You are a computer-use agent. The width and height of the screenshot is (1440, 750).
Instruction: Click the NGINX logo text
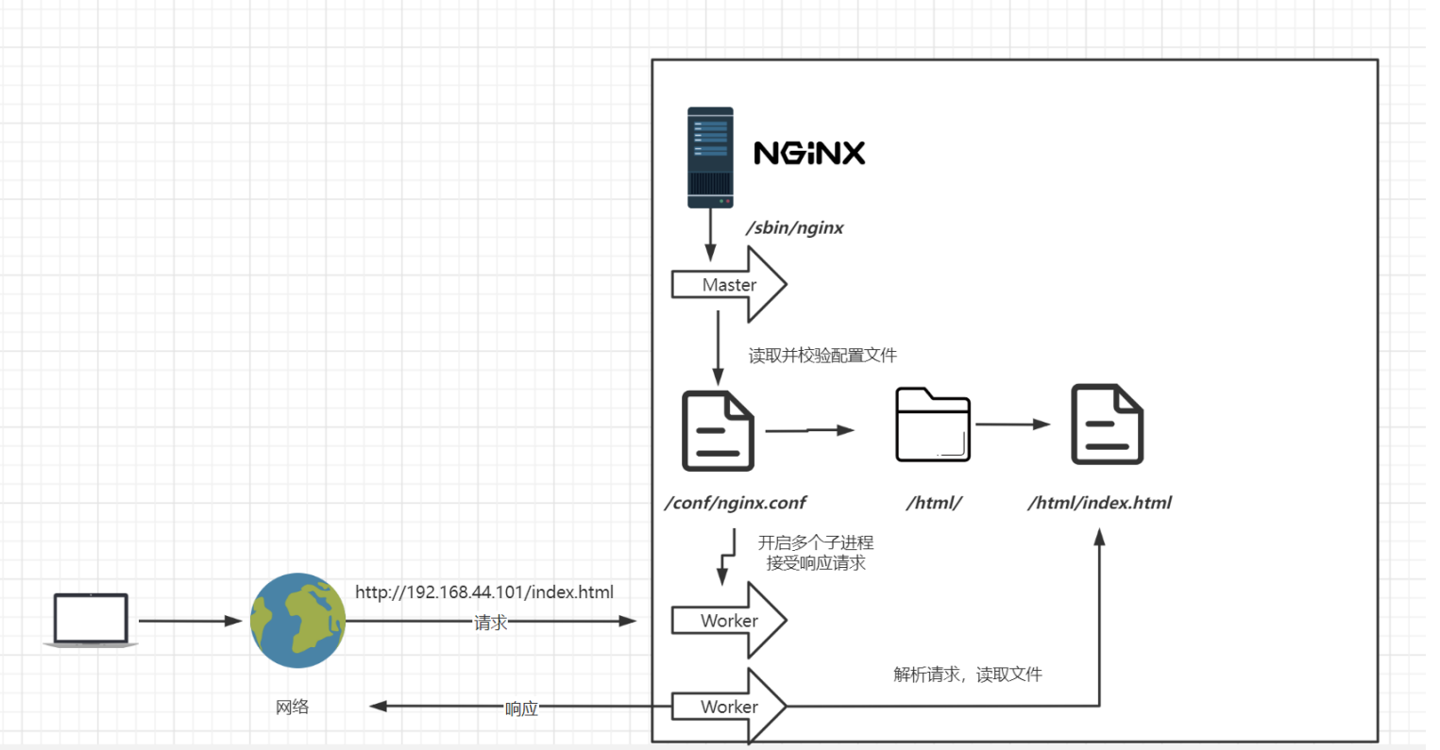tap(809, 153)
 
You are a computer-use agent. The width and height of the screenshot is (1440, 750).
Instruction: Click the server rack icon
tap(710, 158)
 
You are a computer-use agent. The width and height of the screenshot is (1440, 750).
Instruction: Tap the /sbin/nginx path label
tap(795, 227)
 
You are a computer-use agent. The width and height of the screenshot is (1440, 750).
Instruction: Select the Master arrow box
tap(729, 284)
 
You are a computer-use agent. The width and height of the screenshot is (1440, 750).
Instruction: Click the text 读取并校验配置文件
tap(822, 356)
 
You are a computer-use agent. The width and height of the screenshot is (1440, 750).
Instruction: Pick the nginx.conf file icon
tap(718, 430)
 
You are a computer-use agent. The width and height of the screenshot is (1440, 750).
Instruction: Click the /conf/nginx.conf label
tap(736, 503)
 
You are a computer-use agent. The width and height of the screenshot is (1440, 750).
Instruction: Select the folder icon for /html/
tap(933, 425)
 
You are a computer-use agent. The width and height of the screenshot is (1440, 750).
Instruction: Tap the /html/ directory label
tap(934, 503)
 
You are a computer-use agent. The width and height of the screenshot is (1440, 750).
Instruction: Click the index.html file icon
tap(1107, 425)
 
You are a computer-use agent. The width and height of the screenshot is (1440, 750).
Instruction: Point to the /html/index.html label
tap(1100, 503)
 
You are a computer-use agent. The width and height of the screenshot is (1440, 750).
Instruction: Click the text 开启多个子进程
tap(816, 542)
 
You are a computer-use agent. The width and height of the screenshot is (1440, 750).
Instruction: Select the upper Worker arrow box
tap(729, 620)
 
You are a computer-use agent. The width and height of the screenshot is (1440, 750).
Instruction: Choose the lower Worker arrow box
tap(729, 707)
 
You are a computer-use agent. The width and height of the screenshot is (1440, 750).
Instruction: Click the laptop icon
tap(91, 620)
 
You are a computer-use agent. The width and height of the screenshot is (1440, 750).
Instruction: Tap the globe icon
tap(297, 620)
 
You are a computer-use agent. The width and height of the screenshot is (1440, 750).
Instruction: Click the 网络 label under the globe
tap(293, 707)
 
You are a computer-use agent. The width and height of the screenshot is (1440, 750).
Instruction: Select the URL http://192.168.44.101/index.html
tap(484, 592)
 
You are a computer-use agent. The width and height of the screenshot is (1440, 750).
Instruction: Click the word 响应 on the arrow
tap(521, 708)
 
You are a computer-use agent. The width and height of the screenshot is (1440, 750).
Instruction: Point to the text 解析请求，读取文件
tap(968, 675)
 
